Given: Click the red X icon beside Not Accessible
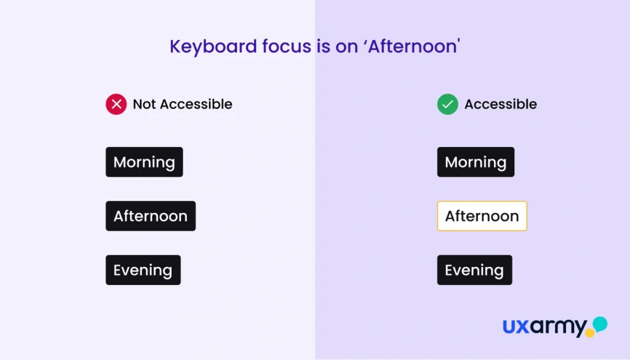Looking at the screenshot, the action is click(x=116, y=104).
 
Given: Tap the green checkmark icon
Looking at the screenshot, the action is click(x=448, y=104).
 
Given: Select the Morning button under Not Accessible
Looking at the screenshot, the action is click(x=144, y=162).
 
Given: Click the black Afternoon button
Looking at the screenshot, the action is click(x=151, y=216).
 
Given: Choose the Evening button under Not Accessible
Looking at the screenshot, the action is click(x=143, y=270).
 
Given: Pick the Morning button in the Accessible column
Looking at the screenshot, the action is click(x=476, y=162).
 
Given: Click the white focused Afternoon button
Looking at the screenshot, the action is click(x=482, y=216).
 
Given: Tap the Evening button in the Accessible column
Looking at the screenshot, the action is click(x=474, y=270).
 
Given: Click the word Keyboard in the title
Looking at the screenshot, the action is click(x=213, y=47).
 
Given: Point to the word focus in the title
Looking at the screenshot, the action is click(x=287, y=47).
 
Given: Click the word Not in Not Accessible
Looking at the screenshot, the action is click(x=144, y=104).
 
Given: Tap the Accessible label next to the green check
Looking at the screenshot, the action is click(x=501, y=104).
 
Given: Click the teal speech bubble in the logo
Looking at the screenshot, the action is click(x=600, y=324).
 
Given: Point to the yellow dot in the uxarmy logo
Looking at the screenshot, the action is click(x=590, y=333).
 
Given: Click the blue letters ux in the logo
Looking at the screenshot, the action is click(x=516, y=326).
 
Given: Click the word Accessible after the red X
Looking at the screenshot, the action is click(x=196, y=104).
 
